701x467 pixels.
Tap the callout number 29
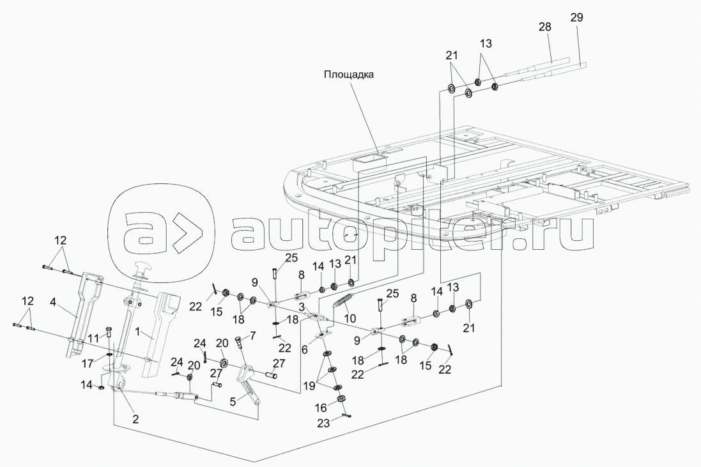tap(576, 18)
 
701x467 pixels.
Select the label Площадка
tap(348, 74)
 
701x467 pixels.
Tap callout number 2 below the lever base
tap(135, 419)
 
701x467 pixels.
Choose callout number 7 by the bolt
tap(252, 335)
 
